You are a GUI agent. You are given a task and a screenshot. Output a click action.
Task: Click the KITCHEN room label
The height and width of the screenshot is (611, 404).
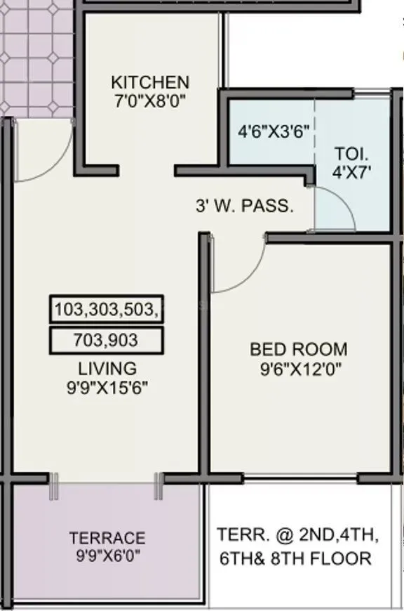click(x=150, y=82)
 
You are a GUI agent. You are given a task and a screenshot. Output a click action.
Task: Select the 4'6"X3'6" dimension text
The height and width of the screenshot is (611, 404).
click(x=274, y=131)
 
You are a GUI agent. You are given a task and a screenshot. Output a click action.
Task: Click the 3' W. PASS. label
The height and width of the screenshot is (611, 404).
click(x=243, y=206)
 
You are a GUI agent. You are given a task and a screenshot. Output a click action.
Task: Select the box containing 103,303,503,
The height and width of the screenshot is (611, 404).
click(x=107, y=309)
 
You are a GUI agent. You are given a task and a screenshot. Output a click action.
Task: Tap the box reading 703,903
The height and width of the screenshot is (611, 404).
click(x=107, y=341)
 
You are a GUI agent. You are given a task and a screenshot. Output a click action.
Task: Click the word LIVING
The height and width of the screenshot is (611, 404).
click(x=107, y=368)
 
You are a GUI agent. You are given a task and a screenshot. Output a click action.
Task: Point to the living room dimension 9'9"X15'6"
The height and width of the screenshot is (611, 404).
click(x=107, y=386)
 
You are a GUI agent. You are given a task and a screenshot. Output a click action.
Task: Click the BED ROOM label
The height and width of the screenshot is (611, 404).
click(x=299, y=349)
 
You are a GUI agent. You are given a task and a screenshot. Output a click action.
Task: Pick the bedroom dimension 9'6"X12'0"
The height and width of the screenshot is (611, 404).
click(x=299, y=367)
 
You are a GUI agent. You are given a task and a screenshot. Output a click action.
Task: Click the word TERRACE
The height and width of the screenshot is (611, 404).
click(x=107, y=539)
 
